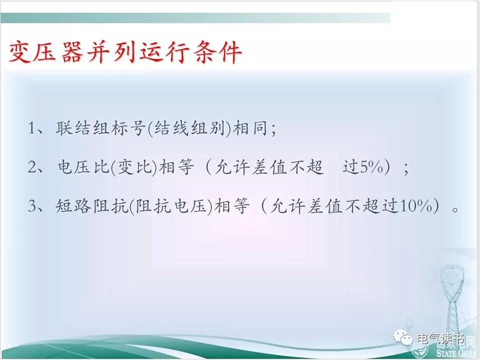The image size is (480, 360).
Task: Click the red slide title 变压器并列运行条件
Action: click(x=125, y=52)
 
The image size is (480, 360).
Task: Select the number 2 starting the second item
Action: click(x=32, y=167)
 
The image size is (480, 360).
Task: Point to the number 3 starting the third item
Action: click(x=32, y=206)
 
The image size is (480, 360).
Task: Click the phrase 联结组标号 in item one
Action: click(x=100, y=128)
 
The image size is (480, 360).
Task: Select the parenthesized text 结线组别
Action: click(x=189, y=128)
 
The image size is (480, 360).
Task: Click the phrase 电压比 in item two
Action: click(x=83, y=167)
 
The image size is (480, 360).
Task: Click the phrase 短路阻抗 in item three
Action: click(x=92, y=206)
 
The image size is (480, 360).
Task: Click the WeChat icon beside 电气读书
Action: click(x=403, y=338)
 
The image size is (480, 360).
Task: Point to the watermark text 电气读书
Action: click(x=440, y=339)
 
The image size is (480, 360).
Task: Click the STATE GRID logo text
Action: click(x=455, y=353)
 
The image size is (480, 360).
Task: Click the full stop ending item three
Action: click(x=456, y=209)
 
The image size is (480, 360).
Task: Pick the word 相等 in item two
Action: click(x=177, y=167)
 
